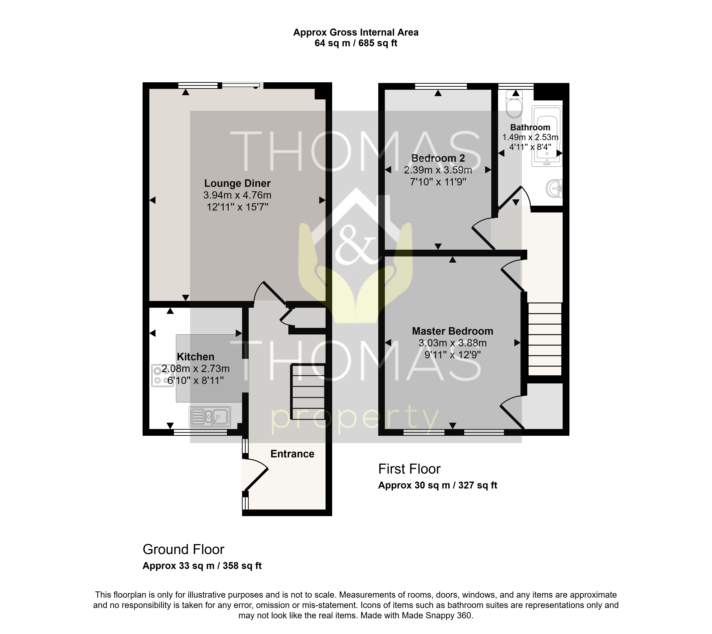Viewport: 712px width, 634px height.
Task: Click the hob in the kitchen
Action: pyautogui.click(x=162, y=375)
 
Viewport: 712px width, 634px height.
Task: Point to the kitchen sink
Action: pyautogui.click(x=210, y=417)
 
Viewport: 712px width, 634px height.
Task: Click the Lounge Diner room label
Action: pyautogui.click(x=237, y=183)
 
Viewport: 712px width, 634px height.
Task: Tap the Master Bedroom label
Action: pyautogui.click(x=452, y=331)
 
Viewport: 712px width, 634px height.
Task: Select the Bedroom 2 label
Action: pyautogui.click(x=438, y=158)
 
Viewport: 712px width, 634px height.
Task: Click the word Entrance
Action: pyautogui.click(x=292, y=454)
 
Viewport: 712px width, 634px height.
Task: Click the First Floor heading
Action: pyautogui.click(x=409, y=469)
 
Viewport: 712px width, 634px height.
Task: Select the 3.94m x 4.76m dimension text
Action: pyautogui.click(x=237, y=195)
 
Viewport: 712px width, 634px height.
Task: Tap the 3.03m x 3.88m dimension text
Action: pyautogui.click(x=452, y=343)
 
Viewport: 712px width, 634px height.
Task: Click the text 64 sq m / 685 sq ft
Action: pyautogui.click(x=356, y=43)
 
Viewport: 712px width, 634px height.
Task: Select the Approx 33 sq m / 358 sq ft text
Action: pyautogui.click(x=202, y=566)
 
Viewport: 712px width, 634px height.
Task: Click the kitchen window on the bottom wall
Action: pyautogui.click(x=200, y=432)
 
